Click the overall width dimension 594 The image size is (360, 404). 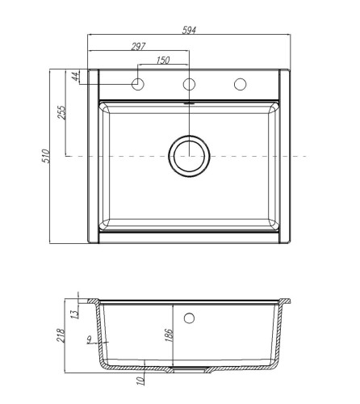point(190,30)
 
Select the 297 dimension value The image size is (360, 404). point(137,46)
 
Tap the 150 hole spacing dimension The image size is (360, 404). point(163,60)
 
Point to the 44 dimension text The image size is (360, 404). point(75,77)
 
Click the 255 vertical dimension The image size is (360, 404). point(61,112)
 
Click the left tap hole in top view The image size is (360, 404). point(138,84)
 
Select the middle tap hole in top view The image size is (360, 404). point(190,84)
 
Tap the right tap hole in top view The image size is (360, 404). point(241,84)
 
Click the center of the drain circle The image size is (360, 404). point(190,155)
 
